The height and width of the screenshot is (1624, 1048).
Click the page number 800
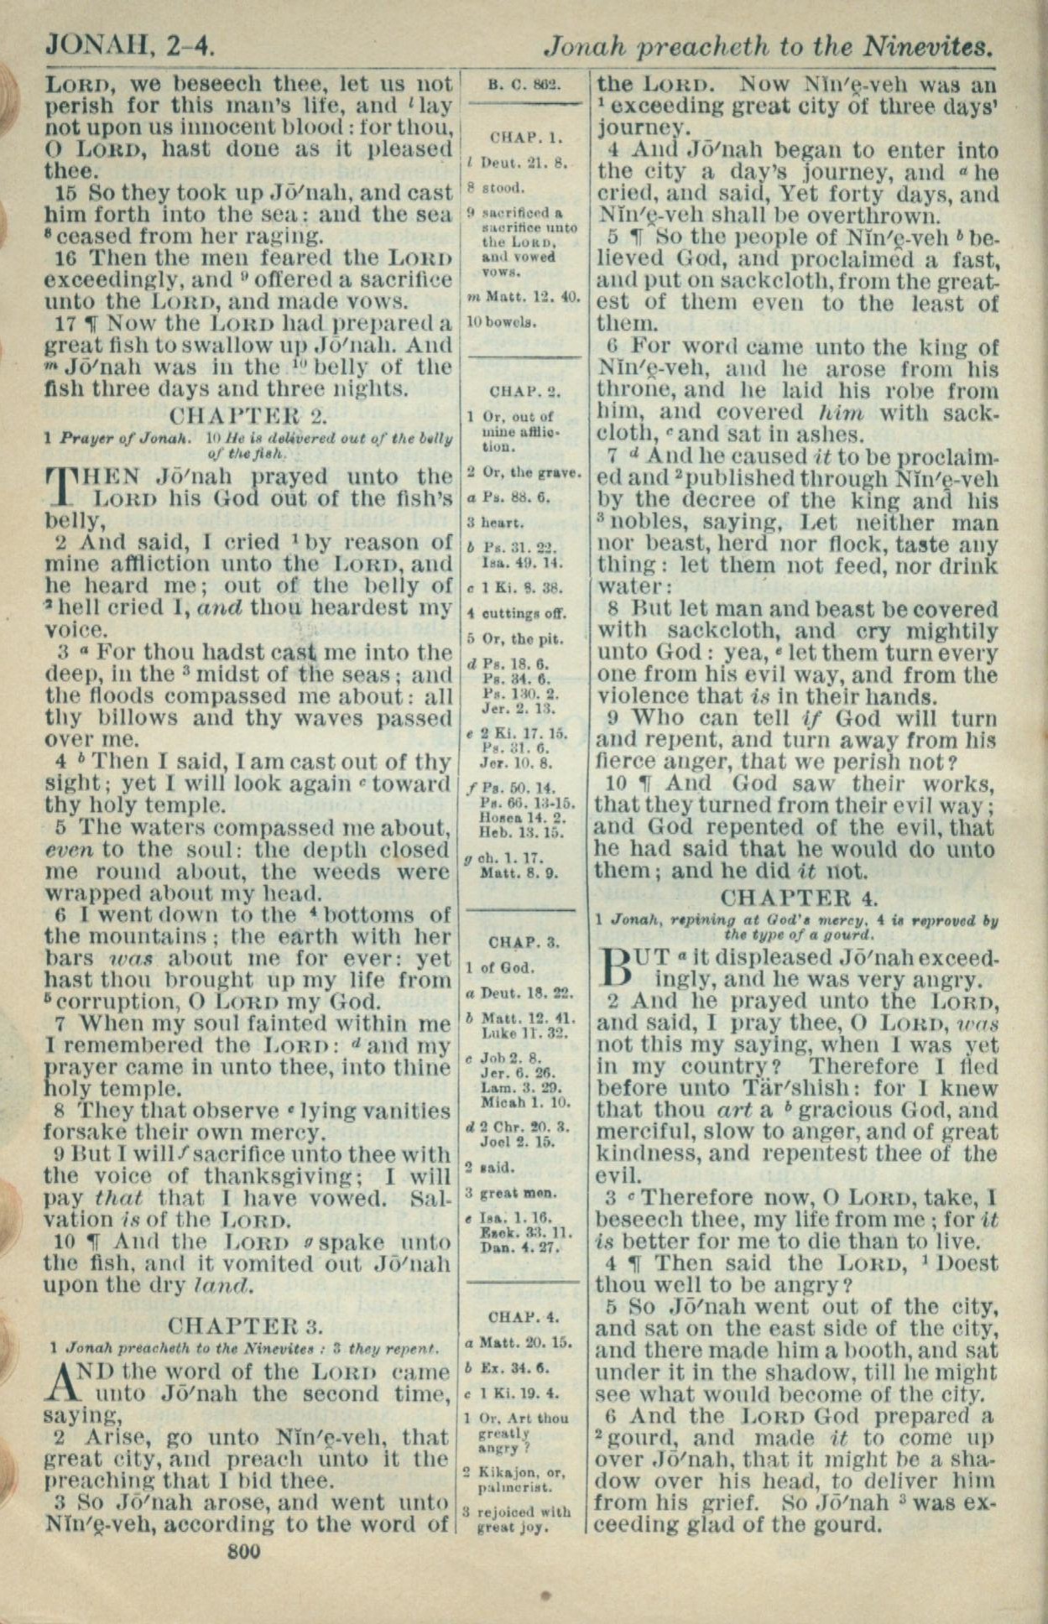(x=243, y=1551)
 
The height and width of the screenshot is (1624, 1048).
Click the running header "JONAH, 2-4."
(x=129, y=44)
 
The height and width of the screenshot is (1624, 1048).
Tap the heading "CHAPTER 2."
(x=248, y=415)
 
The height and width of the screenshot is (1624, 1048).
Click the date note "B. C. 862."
(x=524, y=84)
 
